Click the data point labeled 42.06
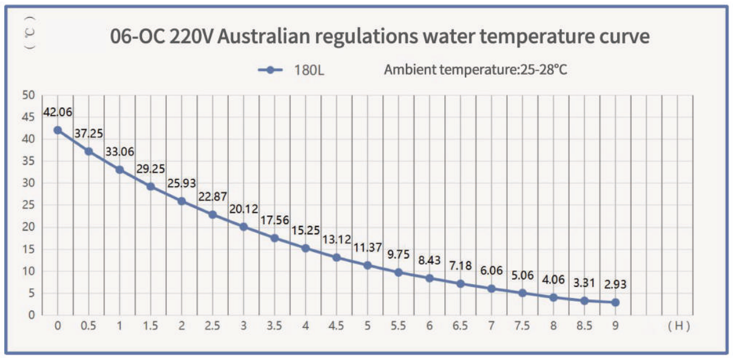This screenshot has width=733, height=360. [x=58, y=130]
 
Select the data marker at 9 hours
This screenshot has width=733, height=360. [x=615, y=302]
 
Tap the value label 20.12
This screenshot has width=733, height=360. [x=243, y=209]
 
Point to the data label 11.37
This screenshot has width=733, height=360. [x=367, y=247]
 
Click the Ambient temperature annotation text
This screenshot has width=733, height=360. [x=475, y=70]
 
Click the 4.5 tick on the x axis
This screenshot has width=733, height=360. [x=336, y=326]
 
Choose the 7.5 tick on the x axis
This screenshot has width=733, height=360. [x=522, y=326]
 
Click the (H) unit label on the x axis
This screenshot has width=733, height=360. [x=678, y=326]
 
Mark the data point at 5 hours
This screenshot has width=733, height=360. [x=367, y=265]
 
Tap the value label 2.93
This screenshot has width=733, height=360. [x=615, y=285]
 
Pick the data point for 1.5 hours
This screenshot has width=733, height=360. [x=150, y=186]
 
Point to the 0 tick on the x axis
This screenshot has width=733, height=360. [x=58, y=326]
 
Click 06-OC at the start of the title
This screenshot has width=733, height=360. [x=137, y=37]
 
